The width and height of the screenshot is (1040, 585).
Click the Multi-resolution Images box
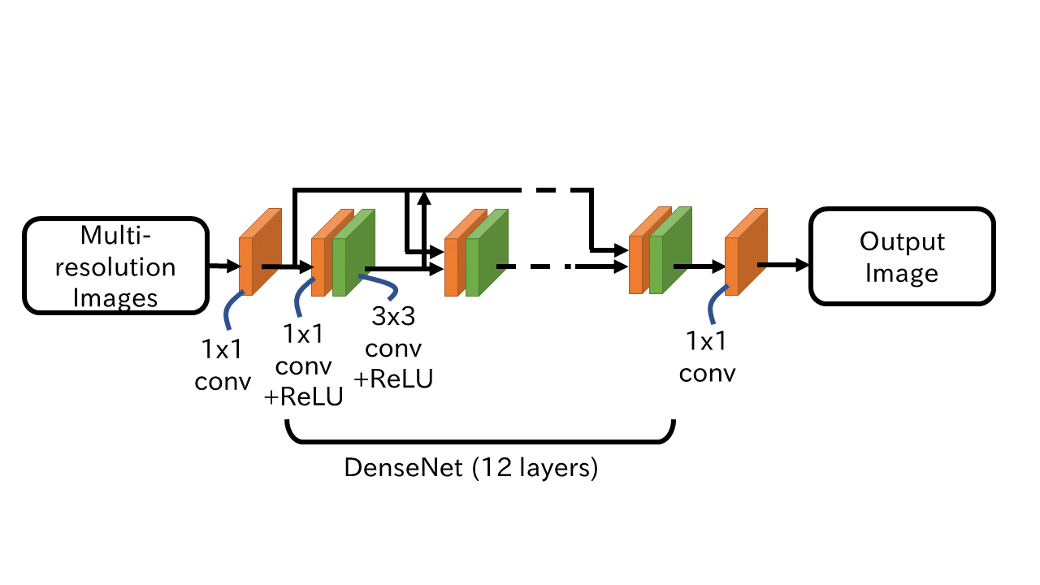coord(116,266)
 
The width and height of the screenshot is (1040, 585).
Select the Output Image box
coord(902,257)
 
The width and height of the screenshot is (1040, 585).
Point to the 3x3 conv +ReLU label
coord(393,347)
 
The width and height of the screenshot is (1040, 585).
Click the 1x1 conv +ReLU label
coord(303,365)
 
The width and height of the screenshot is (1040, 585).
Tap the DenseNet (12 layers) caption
coord(471,469)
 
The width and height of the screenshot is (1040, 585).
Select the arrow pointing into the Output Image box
coord(785,264)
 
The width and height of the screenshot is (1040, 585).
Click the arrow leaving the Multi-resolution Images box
coord(222,265)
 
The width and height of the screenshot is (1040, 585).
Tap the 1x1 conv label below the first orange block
coord(223,365)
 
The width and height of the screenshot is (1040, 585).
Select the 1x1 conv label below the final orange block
coord(707,357)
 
